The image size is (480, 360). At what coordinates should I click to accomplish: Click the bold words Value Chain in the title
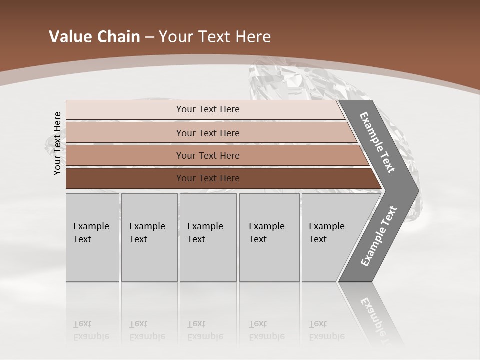(94, 37)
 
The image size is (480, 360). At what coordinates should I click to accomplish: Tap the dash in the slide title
(149, 37)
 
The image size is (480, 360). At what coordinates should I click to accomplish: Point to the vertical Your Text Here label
(57, 143)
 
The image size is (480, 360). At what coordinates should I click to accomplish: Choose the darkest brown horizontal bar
(125, 178)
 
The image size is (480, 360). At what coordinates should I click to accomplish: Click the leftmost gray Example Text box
(92, 237)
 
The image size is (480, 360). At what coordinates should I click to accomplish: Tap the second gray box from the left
(149, 237)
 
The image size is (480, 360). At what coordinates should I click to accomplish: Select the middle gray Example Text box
(208, 237)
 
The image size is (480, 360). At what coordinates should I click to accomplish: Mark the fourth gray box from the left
(270, 237)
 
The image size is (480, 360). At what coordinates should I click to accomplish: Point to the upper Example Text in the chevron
(377, 142)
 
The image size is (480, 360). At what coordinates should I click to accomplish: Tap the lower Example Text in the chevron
(379, 236)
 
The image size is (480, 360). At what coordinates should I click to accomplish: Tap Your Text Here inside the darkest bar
(208, 178)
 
